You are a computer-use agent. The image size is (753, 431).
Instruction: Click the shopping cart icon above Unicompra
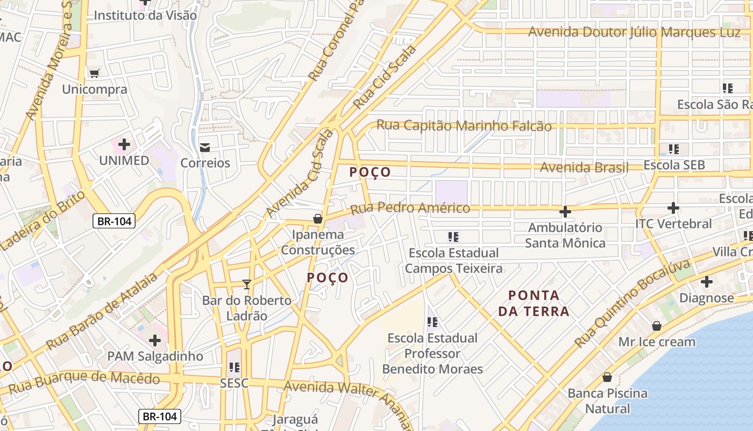coord(95,73)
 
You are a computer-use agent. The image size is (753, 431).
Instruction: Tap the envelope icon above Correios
coord(205,147)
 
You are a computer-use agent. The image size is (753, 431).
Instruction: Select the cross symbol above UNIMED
coord(124,144)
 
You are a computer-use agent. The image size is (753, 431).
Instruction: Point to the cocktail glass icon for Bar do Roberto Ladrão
coord(247,284)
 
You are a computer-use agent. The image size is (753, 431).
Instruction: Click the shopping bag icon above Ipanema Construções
coord(318,219)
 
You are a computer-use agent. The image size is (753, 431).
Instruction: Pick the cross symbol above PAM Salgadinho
coord(155,340)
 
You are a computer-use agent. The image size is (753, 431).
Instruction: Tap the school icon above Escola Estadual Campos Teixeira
coord(453,237)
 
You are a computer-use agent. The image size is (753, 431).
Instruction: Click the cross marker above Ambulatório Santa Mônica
coord(565,211)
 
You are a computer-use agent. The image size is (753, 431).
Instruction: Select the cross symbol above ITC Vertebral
coord(673,207)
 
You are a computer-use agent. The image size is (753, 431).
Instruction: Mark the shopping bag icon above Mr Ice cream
coord(656,326)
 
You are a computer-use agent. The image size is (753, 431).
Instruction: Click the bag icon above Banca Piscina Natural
coord(607,377)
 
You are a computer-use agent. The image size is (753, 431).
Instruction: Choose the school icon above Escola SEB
coord(674,149)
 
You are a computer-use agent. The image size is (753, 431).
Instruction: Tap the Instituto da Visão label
coord(145,16)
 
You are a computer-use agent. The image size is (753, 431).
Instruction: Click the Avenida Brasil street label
coord(584,168)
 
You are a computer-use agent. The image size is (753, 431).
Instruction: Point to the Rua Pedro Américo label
coord(410,208)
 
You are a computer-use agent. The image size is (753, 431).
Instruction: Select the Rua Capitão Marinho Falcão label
coord(464,126)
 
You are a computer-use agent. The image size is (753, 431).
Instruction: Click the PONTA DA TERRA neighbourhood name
coord(534,303)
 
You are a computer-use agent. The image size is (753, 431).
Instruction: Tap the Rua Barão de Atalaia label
coord(102,311)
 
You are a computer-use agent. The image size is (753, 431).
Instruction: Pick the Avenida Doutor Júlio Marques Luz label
coord(634,32)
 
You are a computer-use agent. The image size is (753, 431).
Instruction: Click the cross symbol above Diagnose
coord(706,281)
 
